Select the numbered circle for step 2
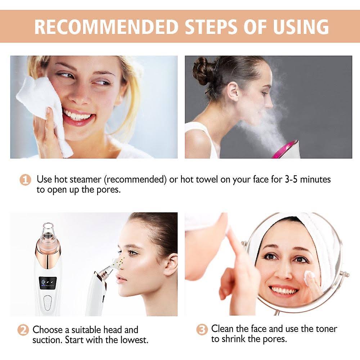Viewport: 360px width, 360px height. [x=23, y=330]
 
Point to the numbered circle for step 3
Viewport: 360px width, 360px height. [x=202, y=330]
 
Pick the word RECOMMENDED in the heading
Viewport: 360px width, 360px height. [x=107, y=27]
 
